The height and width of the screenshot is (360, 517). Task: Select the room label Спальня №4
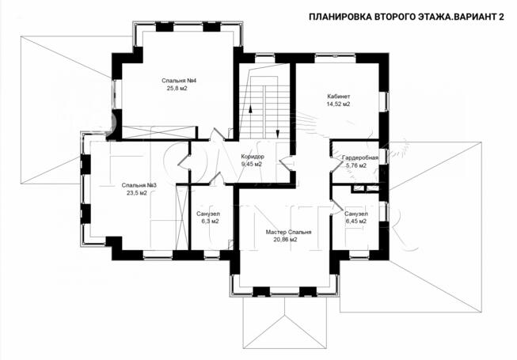[179, 81]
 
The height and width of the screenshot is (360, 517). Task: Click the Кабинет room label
[339, 97]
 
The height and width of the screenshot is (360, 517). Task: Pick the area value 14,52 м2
[339, 104]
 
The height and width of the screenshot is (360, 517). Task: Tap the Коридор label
[253, 157]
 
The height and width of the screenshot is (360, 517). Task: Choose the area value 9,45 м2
[253, 165]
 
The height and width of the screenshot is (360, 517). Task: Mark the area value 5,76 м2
[360, 166]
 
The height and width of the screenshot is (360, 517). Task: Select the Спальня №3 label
[139, 185]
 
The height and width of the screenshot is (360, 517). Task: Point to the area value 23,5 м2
[139, 193]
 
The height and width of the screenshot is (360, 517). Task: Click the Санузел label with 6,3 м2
[208, 214]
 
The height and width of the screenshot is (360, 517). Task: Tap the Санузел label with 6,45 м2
[356, 214]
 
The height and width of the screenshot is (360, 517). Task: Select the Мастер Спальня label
[288, 233]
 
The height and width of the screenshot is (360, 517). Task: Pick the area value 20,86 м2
[288, 241]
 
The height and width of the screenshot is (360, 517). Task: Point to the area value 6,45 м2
[356, 222]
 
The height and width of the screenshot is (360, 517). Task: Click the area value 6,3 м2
[208, 222]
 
